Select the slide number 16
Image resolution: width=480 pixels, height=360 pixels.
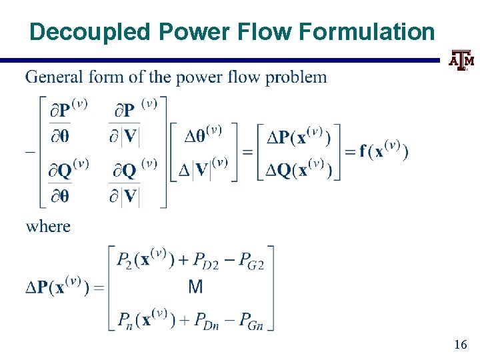click(460, 345)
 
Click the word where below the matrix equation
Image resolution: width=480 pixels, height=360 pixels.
click(48, 226)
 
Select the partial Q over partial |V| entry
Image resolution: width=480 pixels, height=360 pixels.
click(133, 183)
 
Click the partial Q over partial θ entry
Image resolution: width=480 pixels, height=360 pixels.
click(68, 183)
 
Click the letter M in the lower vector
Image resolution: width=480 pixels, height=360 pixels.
click(195, 287)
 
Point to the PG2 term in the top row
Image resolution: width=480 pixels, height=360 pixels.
click(252, 262)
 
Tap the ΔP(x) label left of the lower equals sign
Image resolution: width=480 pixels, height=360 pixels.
click(58, 287)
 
